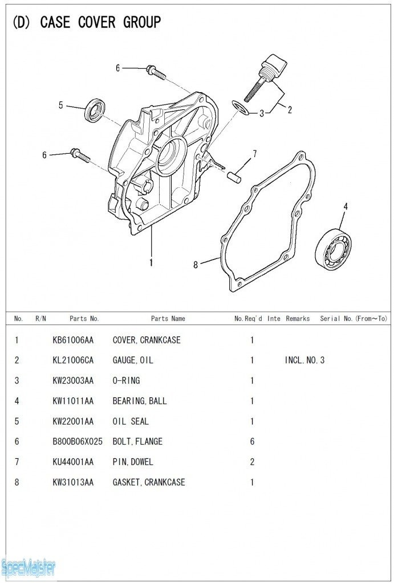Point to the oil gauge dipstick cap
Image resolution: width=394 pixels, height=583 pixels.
pyautogui.click(x=276, y=64)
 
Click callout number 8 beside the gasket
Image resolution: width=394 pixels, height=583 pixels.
pyautogui.click(x=196, y=265)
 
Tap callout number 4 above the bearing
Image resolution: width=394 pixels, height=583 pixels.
pyautogui.click(x=346, y=206)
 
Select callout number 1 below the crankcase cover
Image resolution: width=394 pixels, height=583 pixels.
pyautogui.click(x=151, y=263)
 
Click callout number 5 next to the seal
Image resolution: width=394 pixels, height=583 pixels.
pyautogui.click(x=60, y=105)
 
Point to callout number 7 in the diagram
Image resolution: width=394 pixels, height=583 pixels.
pyautogui.click(x=255, y=154)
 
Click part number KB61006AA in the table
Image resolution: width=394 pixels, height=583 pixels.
pyautogui.click(x=73, y=340)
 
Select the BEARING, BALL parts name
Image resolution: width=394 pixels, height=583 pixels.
pyautogui.click(x=140, y=401)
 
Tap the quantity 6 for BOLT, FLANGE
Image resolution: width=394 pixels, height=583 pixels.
pyautogui.click(x=252, y=441)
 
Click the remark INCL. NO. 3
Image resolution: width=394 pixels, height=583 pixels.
pyautogui.click(x=304, y=360)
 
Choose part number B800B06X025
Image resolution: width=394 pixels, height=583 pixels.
pyautogui.click(x=78, y=441)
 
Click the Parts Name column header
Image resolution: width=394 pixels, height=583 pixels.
pyautogui.click(x=168, y=318)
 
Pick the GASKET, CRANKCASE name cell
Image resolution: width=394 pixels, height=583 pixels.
pyautogui.click(x=149, y=482)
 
